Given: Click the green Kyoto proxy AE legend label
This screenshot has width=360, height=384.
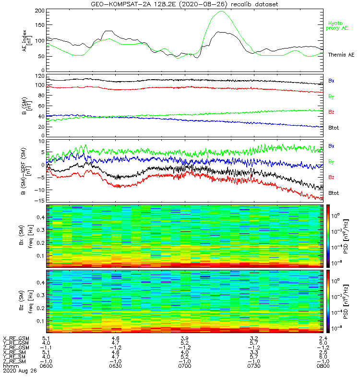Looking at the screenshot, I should point(338,25).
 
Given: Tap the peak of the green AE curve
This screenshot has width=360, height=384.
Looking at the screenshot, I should point(221,12).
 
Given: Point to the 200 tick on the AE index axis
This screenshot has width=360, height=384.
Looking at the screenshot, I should point(40,11).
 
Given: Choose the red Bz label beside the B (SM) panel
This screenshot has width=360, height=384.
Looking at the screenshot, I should point(331,112).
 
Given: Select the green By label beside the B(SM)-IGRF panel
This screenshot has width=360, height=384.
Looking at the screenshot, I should point(331,161).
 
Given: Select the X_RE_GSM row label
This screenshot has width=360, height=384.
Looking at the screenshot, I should point(16,338).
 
